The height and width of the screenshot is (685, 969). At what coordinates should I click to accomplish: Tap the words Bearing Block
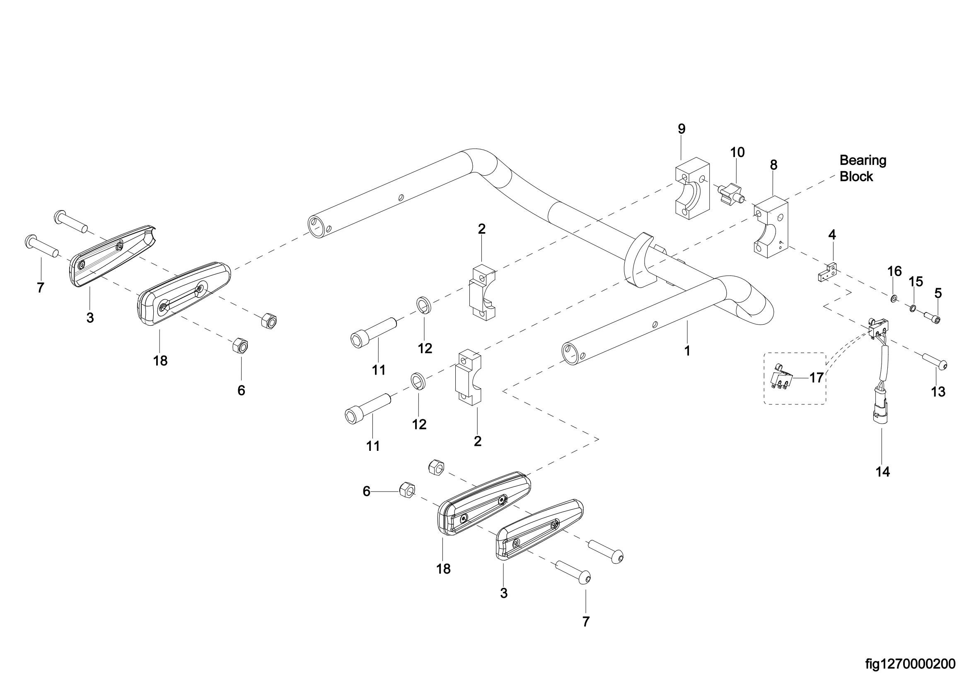(863, 168)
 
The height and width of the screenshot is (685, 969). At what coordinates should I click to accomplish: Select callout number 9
(681, 129)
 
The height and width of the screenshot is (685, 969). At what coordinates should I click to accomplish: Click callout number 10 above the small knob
(737, 152)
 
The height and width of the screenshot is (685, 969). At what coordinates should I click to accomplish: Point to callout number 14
(883, 472)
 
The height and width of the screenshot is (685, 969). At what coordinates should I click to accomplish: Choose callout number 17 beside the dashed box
(817, 378)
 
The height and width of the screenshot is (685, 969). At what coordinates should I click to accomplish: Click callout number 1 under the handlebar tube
(687, 351)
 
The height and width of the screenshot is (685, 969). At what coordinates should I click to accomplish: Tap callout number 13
(938, 392)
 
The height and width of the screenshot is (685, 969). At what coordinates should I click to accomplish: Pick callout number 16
(894, 271)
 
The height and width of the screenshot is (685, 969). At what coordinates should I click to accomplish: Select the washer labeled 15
(911, 309)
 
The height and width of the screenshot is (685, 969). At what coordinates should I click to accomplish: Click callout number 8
(773, 165)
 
